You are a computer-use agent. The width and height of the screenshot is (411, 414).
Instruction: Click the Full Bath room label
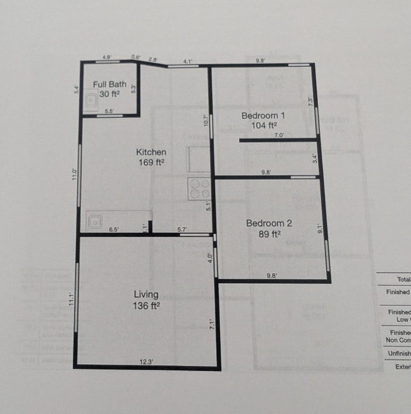(x=109, y=84)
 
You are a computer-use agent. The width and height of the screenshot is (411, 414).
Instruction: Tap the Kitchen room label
(x=152, y=152)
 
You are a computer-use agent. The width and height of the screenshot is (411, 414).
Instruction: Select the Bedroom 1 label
(x=264, y=116)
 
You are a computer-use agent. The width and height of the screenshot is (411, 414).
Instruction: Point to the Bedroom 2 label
(x=269, y=223)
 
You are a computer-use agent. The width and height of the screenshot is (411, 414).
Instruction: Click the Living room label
(x=146, y=295)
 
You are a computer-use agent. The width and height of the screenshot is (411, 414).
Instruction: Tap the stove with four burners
(x=199, y=188)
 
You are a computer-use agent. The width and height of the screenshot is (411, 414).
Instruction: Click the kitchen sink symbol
(x=96, y=222)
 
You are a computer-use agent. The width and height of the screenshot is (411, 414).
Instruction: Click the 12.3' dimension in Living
(x=146, y=362)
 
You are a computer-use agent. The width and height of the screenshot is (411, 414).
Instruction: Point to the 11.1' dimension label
(x=73, y=298)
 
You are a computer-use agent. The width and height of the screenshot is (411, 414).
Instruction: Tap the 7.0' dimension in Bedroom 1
(x=279, y=135)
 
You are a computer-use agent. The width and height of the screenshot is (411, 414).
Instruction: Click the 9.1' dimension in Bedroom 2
(x=320, y=230)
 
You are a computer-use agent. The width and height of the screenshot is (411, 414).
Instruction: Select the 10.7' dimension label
(x=206, y=120)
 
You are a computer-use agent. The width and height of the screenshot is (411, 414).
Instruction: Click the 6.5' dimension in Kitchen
(x=114, y=229)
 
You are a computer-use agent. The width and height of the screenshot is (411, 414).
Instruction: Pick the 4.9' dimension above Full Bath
(x=107, y=58)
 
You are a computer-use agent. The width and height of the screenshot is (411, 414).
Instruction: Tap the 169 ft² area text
(x=152, y=162)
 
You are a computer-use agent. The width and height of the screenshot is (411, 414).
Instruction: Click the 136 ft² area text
(x=146, y=305)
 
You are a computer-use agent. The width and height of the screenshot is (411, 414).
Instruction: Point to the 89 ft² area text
(x=269, y=233)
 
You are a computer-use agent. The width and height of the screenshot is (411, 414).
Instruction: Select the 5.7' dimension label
(x=181, y=229)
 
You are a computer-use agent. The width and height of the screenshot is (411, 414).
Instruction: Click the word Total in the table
(x=403, y=279)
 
